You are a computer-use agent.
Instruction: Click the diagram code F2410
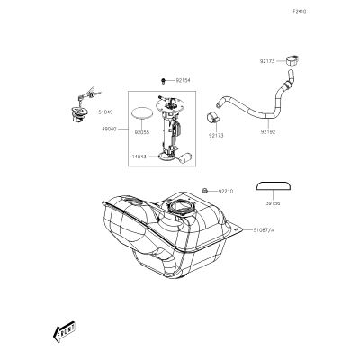(x=300, y=12)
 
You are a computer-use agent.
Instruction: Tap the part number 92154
(x=183, y=80)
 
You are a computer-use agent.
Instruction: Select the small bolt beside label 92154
(x=163, y=80)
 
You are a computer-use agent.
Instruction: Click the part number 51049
(x=105, y=112)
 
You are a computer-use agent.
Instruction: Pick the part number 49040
(x=109, y=129)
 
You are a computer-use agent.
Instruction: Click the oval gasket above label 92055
(x=142, y=113)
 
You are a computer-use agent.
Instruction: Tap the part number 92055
(x=142, y=132)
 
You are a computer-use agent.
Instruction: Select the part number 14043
(x=139, y=157)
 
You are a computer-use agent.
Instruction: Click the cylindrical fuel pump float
(x=185, y=158)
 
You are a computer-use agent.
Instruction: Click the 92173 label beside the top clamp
(x=267, y=61)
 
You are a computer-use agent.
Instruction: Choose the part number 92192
(x=268, y=131)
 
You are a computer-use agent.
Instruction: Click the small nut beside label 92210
(x=204, y=190)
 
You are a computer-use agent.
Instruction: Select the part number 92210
(x=226, y=191)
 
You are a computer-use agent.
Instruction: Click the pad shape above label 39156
(x=274, y=185)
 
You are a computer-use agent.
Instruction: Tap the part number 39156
(x=273, y=203)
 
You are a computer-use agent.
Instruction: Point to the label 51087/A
(x=264, y=230)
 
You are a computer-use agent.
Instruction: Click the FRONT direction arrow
(x=64, y=332)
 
